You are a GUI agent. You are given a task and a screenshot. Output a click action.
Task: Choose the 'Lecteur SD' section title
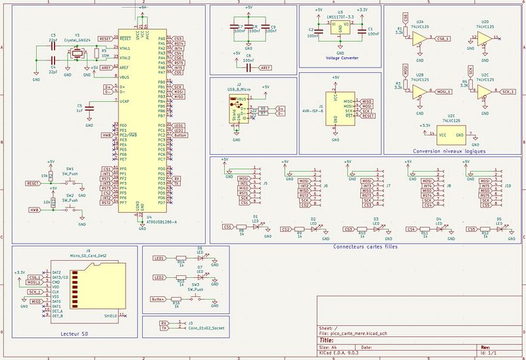click(x=74, y=334)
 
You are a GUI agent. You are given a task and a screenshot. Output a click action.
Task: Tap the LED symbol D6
click(x=200, y=258)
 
